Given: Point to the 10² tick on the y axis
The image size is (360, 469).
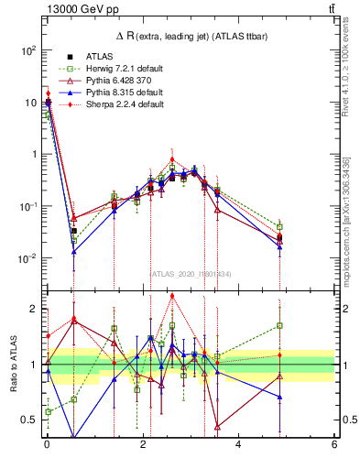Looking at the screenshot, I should pos(27,50).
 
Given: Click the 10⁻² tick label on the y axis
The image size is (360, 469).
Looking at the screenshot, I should pos(27,258).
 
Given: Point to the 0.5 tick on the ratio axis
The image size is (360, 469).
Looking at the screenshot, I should pos(30,420).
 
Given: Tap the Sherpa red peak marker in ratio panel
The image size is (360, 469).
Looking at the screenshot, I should pos(172,295).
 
